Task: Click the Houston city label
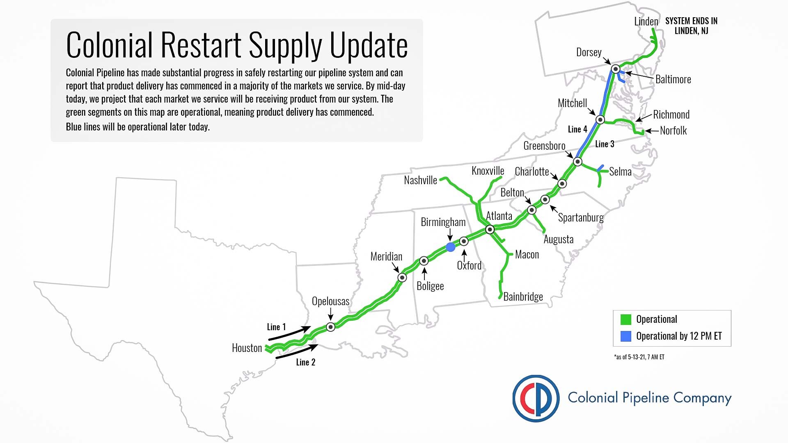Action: coord(247,348)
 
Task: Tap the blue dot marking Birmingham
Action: coord(450,247)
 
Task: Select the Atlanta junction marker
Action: coord(490,229)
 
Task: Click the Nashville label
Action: coord(420,180)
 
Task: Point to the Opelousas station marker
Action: coord(330,327)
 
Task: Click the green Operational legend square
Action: coord(626,319)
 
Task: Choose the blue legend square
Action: coord(626,336)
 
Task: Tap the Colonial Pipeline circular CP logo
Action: coord(536,398)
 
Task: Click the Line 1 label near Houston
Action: coord(276,327)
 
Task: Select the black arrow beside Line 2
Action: coord(297,352)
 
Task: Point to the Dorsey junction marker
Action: coord(615,69)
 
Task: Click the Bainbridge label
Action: coord(523,297)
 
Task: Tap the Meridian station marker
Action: coord(402,278)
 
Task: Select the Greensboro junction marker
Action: coord(577,162)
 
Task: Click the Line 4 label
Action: coord(577,129)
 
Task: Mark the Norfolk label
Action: coord(673,130)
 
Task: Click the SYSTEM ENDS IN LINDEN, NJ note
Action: coord(691,26)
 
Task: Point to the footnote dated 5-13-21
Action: coord(639,357)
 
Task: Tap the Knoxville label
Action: coord(488,171)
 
